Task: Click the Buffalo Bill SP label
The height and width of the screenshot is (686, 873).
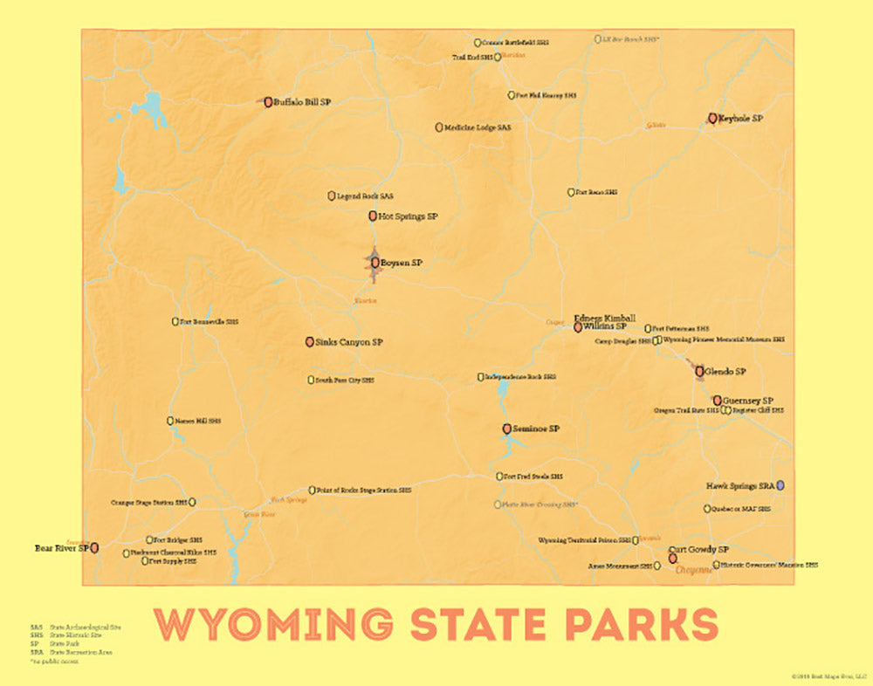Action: coord(302,102)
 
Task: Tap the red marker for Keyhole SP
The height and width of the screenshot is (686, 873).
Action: coord(713,118)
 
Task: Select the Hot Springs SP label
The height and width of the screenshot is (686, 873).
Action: coord(408,216)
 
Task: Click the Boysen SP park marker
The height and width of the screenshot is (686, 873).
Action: coord(375,262)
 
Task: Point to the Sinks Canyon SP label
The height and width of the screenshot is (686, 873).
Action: coord(349,342)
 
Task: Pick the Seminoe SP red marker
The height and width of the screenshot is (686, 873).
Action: coord(507,429)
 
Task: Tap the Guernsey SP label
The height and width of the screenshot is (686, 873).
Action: coord(748,401)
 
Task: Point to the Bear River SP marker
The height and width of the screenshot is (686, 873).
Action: coord(94,547)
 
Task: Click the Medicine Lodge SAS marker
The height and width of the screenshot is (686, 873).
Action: coord(439,127)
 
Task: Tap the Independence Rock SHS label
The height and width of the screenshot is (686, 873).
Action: coord(520,377)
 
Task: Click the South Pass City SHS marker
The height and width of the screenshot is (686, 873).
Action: coord(311,380)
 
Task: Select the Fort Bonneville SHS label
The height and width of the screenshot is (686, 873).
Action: coord(209,322)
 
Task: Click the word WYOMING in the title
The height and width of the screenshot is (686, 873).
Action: coord(273,624)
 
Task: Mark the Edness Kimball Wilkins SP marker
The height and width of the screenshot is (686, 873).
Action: coord(578,328)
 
